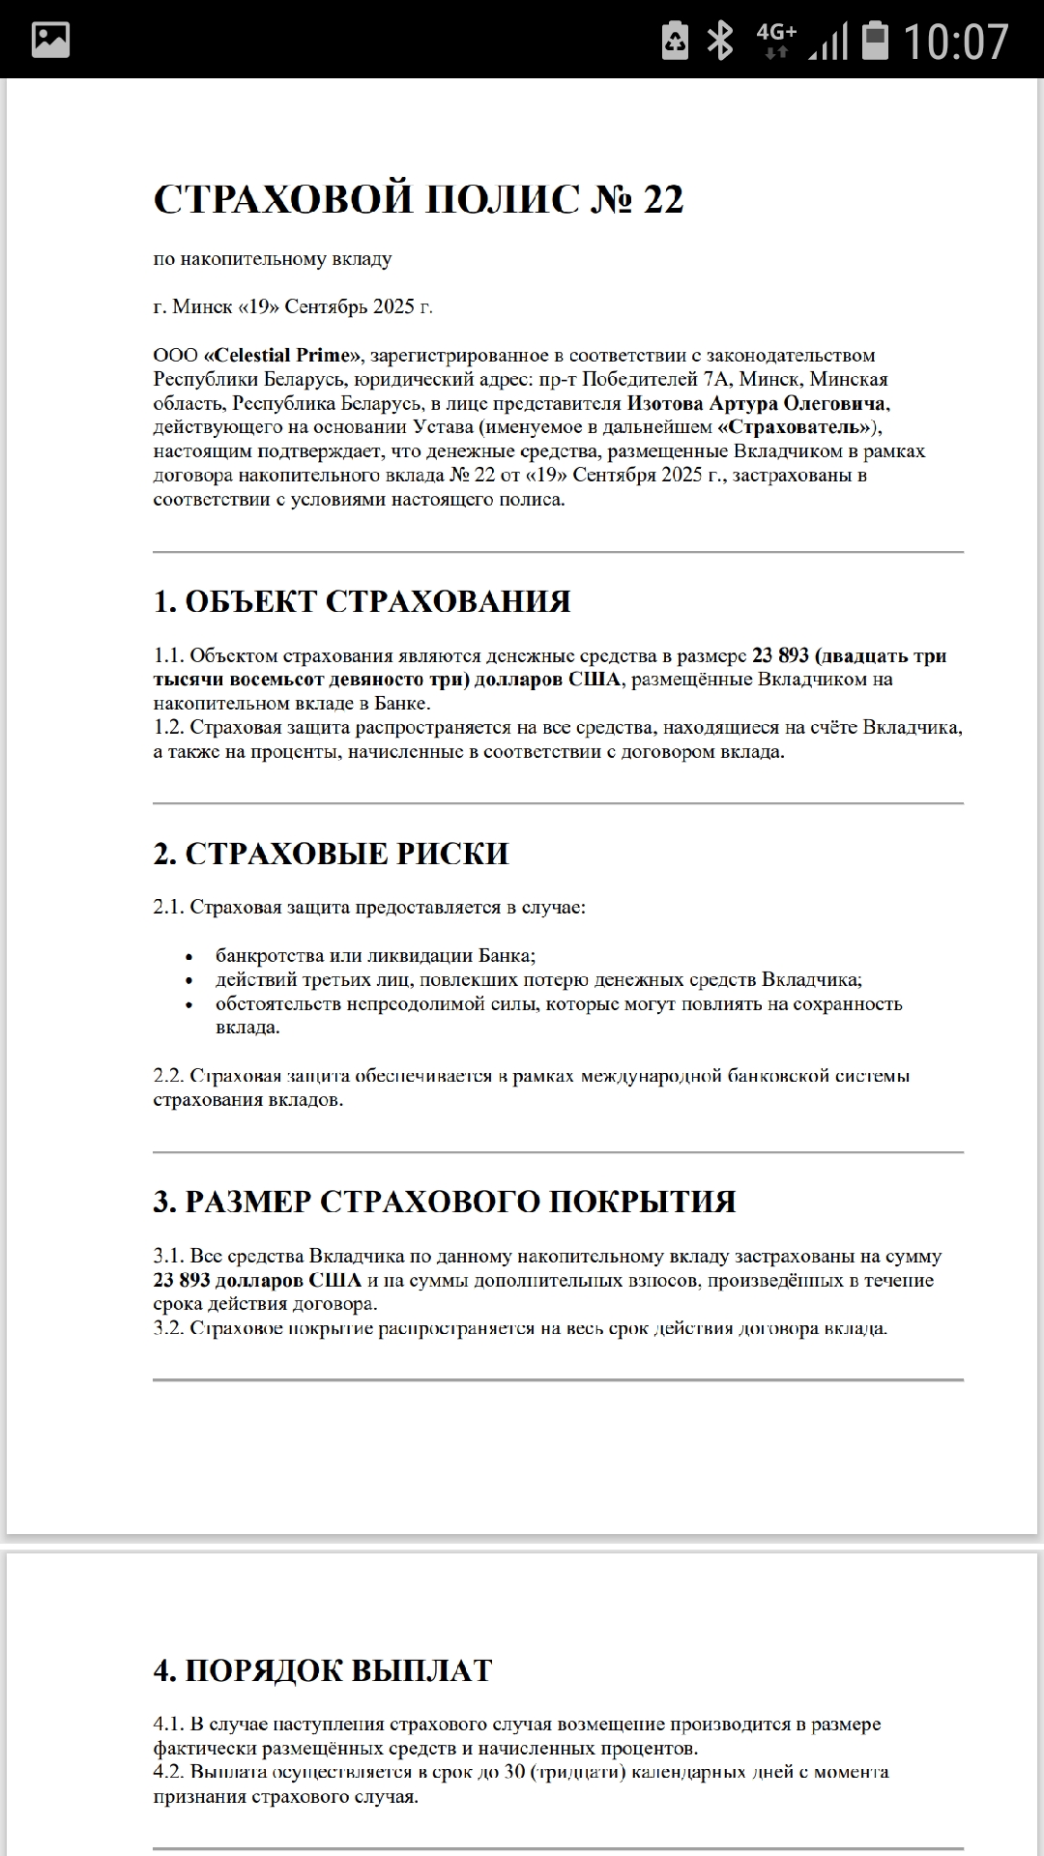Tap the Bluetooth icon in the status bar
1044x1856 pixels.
click(720, 41)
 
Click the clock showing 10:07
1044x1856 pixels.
click(955, 41)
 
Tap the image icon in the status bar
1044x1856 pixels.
click(50, 40)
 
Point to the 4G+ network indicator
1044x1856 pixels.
click(776, 41)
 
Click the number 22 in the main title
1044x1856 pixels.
click(663, 199)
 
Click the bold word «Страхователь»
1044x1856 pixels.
click(795, 427)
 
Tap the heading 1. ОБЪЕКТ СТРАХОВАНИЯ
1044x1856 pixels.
click(362, 601)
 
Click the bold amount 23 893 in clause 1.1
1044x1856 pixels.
click(780, 655)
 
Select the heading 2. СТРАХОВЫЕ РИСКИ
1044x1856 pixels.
click(331, 854)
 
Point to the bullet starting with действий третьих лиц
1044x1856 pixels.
click(538, 979)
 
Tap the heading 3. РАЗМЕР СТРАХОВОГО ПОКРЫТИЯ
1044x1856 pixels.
click(445, 1202)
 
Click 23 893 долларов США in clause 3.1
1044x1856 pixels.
click(257, 1280)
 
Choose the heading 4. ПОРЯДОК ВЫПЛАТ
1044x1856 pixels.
click(323, 1670)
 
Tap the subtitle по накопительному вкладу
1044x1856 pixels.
click(273, 258)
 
